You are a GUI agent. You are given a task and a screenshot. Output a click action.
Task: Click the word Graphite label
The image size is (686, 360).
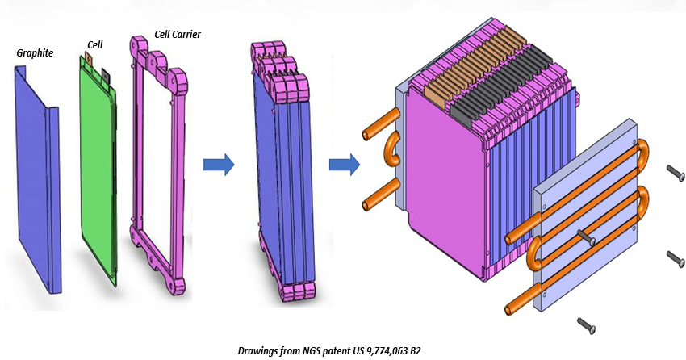coord(35,53)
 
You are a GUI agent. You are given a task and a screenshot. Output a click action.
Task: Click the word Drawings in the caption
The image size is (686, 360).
coord(257,350)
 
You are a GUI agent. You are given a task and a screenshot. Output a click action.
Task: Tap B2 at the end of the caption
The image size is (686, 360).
coord(414,350)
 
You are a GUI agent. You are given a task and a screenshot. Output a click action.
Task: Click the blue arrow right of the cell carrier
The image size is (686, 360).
coord(219,165)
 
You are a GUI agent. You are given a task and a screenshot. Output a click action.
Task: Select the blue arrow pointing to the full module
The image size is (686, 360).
coord(345,165)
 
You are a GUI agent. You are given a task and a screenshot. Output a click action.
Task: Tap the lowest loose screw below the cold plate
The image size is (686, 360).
coord(587,324)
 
